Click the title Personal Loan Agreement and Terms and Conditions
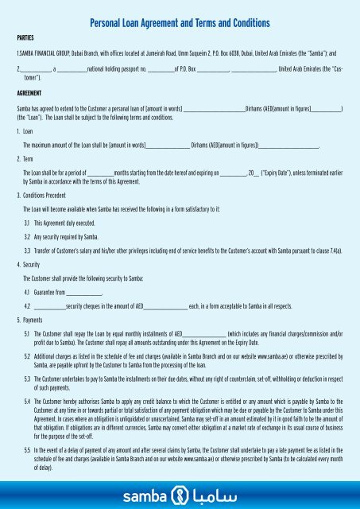pyautogui.click(x=180, y=24)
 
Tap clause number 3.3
pyautogui.click(x=27, y=251)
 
